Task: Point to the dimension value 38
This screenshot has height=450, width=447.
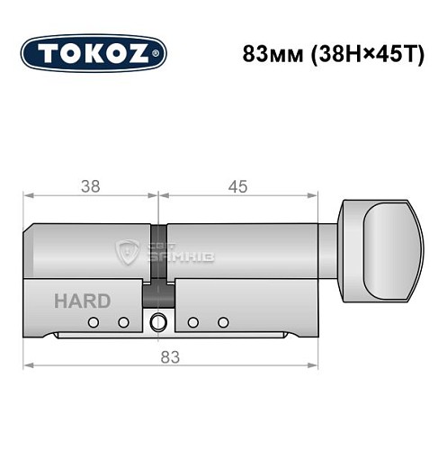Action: (x=89, y=187)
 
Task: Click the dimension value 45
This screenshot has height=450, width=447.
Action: (x=237, y=187)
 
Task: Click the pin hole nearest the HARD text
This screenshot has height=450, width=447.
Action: (x=92, y=322)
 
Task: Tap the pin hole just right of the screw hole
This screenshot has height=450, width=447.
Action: (x=192, y=322)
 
